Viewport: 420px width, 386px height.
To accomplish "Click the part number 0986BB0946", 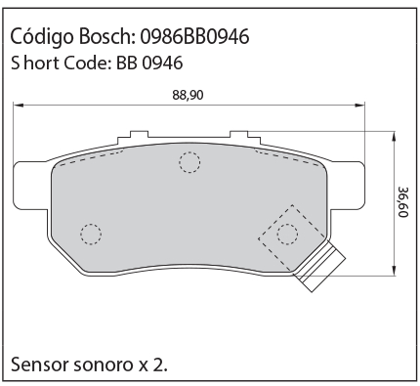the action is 194,36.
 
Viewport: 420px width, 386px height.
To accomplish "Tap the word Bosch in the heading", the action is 105,36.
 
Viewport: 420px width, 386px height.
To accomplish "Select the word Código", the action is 42,36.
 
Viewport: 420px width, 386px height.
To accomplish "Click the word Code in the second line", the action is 86,63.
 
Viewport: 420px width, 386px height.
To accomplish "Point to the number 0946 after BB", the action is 162,63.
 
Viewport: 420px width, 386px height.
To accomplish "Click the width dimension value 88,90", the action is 188,95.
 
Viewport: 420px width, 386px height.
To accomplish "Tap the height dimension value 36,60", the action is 403,202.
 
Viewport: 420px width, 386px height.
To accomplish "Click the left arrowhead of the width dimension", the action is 18,106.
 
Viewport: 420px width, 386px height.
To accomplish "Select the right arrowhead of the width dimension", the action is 360,106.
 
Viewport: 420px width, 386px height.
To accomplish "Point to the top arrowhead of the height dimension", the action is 394,136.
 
